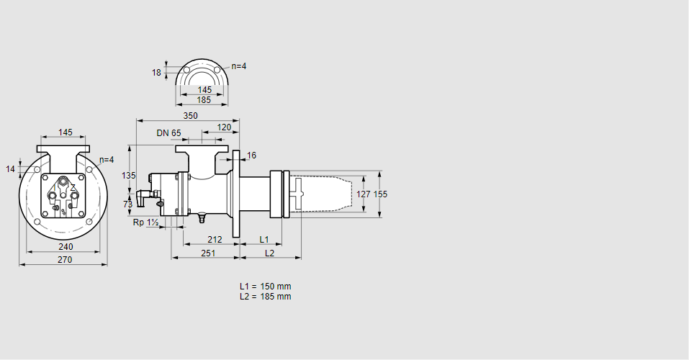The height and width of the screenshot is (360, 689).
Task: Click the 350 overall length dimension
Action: pyautogui.click(x=190, y=115)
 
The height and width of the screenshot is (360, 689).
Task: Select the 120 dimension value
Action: pyautogui.click(x=224, y=127)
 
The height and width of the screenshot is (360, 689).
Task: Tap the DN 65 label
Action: pyautogui.click(x=168, y=133)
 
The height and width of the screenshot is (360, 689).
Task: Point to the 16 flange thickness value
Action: pyautogui.click(x=252, y=156)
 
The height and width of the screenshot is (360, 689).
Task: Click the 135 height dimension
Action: pyautogui.click(x=129, y=176)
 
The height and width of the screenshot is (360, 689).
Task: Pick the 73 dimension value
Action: pyautogui.click(x=128, y=204)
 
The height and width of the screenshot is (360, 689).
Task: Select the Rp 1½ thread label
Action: pyautogui.click(x=146, y=222)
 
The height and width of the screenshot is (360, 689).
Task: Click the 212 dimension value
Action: pyautogui.click(x=214, y=239)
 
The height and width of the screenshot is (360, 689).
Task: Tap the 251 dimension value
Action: pyautogui.click(x=208, y=253)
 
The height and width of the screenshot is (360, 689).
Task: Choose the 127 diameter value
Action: pyautogui.click(x=364, y=194)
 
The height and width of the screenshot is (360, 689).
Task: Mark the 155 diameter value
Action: pyautogui.click(x=380, y=194)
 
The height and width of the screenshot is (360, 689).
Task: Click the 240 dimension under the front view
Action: pyautogui.click(x=66, y=246)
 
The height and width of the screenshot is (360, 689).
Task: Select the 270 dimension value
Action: pyautogui.click(x=65, y=260)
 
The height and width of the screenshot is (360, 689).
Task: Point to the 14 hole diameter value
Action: pyautogui.click(x=10, y=169)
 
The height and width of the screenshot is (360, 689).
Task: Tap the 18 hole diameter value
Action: pyautogui.click(x=156, y=73)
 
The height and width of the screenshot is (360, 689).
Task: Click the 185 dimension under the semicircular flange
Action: pyautogui.click(x=204, y=100)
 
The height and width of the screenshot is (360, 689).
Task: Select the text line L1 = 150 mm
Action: pyautogui.click(x=266, y=287)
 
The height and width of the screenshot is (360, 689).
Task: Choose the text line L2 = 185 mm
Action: pyautogui.click(x=266, y=297)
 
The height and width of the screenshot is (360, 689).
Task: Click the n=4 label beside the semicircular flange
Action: pyautogui.click(x=238, y=66)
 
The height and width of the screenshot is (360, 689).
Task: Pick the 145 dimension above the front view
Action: pyautogui.click(x=66, y=132)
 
